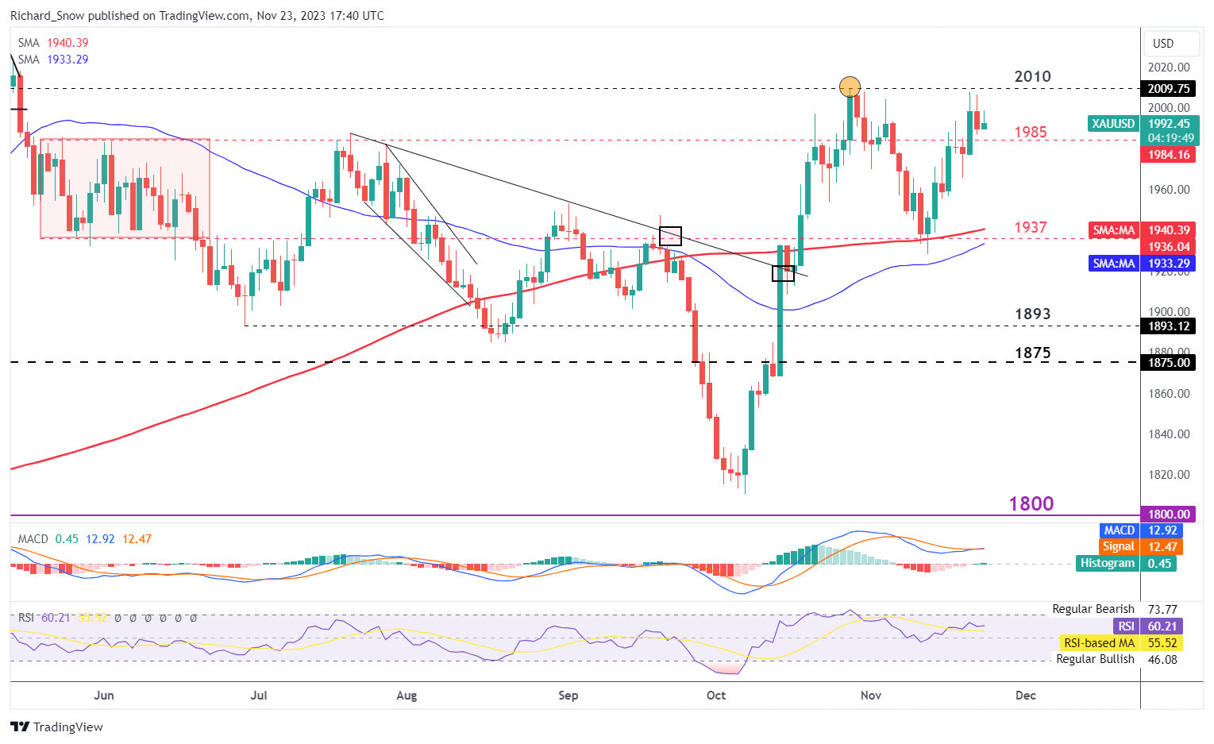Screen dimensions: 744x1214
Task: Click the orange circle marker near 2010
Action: click(850, 87)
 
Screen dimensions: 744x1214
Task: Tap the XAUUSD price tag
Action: click(1113, 123)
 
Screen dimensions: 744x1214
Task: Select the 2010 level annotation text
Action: click(1032, 76)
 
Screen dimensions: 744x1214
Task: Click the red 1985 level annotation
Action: click(1031, 132)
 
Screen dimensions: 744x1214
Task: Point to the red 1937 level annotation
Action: click(1031, 227)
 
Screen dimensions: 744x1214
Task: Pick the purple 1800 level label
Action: click(1031, 503)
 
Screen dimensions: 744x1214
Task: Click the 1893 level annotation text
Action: click(1032, 314)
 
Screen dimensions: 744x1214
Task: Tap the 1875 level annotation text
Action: click(1032, 353)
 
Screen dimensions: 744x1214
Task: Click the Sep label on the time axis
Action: click(568, 695)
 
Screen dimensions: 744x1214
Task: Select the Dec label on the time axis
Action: click(1026, 695)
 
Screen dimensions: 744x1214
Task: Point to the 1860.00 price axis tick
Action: click(1169, 393)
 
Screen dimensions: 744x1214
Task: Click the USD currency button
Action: click(1163, 44)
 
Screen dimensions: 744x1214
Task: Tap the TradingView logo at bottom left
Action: click(57, 727)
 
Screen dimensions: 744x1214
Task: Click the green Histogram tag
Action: click(1108, 563)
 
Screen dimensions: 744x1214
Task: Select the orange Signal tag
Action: click(1118, 546)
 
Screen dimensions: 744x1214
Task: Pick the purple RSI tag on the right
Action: click(1126, 626)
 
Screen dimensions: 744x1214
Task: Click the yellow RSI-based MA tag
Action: click(1099, 642)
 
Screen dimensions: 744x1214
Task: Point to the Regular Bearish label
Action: click(1093, 609)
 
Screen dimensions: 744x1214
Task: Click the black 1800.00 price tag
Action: click(1170, 514)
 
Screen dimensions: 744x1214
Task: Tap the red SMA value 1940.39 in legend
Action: click(67, 43)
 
